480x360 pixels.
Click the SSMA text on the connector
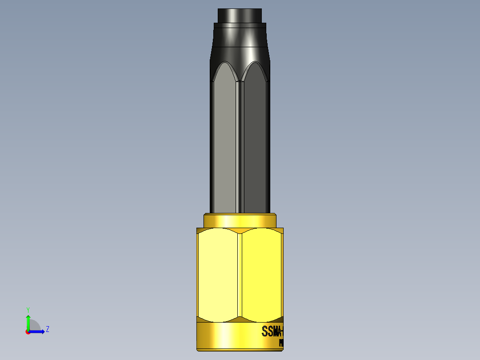point(272,332)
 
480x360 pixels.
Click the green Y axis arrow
point(28,321)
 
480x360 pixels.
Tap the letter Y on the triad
point(28,309)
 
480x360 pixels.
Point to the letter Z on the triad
point(47,329)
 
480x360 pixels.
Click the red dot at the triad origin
point(28,331)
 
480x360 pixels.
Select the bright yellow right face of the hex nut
point(260,274)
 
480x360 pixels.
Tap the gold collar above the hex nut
point(240,221)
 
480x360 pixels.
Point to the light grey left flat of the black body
point(225,143)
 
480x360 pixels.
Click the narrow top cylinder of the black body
point(240,15)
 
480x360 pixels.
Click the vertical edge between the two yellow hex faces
point(240,274)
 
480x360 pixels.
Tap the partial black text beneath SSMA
point(281,343)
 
